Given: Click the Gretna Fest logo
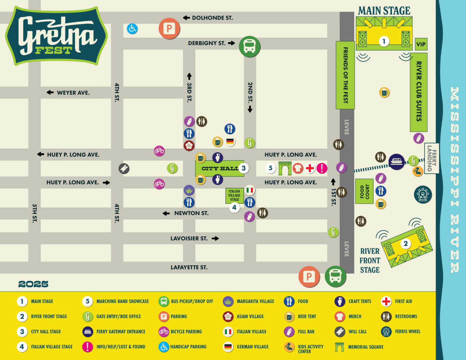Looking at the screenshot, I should point(56,36).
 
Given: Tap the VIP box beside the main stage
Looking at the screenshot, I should point(420,44).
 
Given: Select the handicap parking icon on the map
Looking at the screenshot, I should point(132,29).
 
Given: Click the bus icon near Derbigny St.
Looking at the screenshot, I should point(249,46).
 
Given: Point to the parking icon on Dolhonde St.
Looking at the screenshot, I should point(169,29).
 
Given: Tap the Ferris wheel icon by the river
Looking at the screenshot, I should point(423,194).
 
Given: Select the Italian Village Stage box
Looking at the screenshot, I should point(234,196).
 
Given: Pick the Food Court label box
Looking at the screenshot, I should point(364,191).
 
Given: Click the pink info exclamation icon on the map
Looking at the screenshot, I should point(322,168).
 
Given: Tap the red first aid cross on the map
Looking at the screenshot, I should point(310,168).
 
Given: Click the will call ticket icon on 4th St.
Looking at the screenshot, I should point(124,168).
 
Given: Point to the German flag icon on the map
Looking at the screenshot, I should point(230,141).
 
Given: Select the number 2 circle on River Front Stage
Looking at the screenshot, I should point(406,244).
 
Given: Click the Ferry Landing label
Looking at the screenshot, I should point(431,158).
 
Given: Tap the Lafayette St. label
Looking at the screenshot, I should point(189,267).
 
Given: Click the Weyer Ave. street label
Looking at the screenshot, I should point(73,93).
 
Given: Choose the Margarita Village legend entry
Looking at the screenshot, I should point(249,301).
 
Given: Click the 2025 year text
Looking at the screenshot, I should point(33,284).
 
